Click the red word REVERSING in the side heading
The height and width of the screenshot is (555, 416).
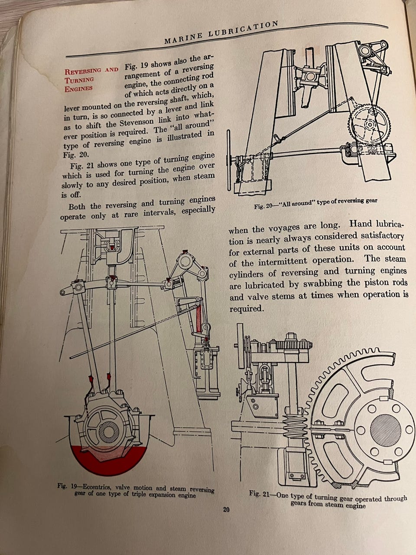83,71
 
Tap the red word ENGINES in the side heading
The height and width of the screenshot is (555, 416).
78,89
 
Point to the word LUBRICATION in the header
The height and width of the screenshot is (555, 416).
243,29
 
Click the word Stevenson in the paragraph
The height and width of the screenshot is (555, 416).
136,122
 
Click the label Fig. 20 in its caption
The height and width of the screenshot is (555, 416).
263,206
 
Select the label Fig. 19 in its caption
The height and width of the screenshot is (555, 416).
67,486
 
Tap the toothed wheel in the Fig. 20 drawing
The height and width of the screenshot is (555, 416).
369,124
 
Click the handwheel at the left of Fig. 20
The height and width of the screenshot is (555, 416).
228,160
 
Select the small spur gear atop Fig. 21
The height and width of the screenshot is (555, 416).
293,344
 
